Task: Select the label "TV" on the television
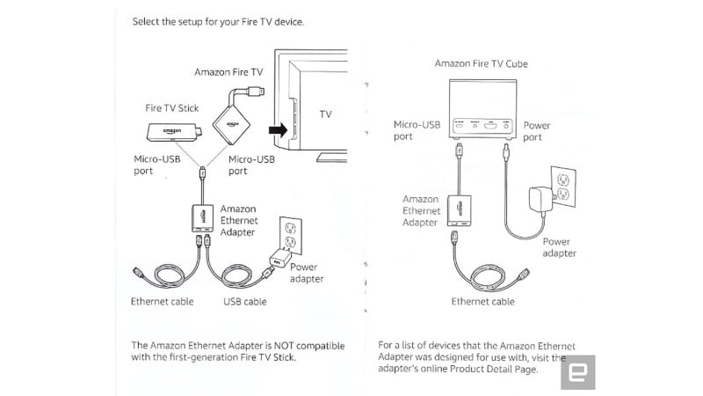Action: pos(325,115)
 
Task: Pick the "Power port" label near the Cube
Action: pos(537,131)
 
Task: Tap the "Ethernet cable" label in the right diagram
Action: pos(482,302)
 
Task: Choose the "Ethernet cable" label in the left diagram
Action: pos(163,302)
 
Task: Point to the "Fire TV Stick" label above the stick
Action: pos(172,108)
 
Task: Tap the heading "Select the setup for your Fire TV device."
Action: pos(218,21)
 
